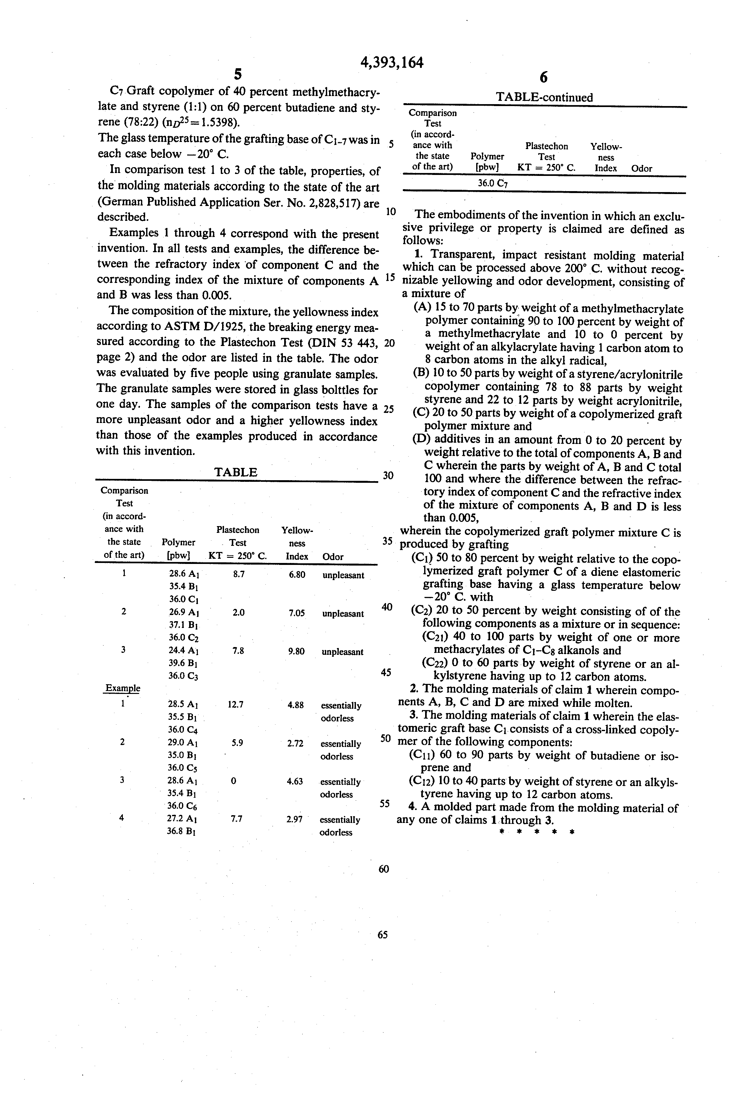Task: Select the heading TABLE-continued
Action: pyautogui.click(x=544, y=97)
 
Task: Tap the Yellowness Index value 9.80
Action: pyautogui.click(x=296, y=652)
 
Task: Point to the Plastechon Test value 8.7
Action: pyautogui.click(x=239, y=574)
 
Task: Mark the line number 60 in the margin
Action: pyautogui.click(x=383, y=869)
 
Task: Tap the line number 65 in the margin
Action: pyautogui.click(x=383, y=935)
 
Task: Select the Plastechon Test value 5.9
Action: pyautogui.click(x=238, y=743)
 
